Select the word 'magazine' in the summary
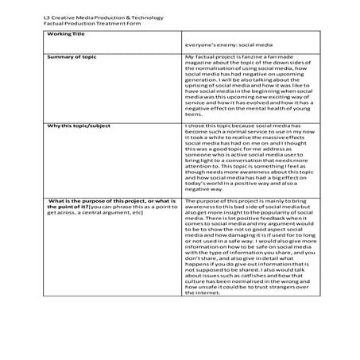point(199,64)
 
